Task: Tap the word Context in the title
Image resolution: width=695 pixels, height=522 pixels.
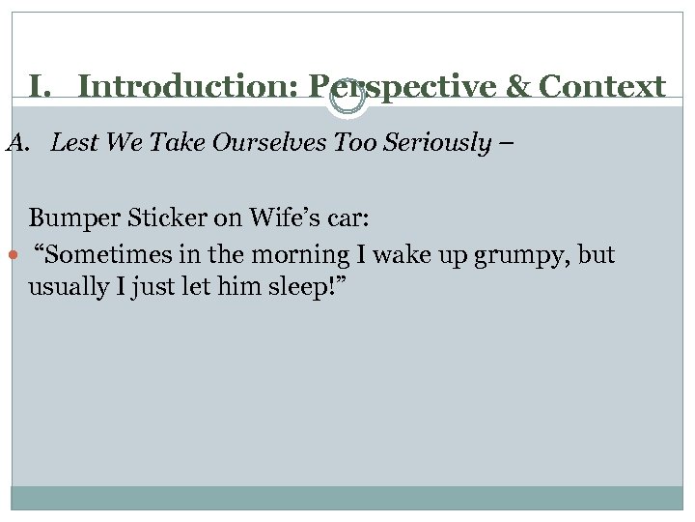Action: pyautogui.click(x=602, y=87)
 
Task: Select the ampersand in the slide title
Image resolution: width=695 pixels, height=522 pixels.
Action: pyautogui.click(x=517, y=87)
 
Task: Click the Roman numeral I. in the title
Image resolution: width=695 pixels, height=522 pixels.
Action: pyautogui.click(x=40, y=87)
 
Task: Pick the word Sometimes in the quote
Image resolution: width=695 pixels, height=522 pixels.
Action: pyautogui.click(x=97, y=254)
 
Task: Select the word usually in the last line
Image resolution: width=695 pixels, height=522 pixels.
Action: pyautogui.click(x=66, y=288)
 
